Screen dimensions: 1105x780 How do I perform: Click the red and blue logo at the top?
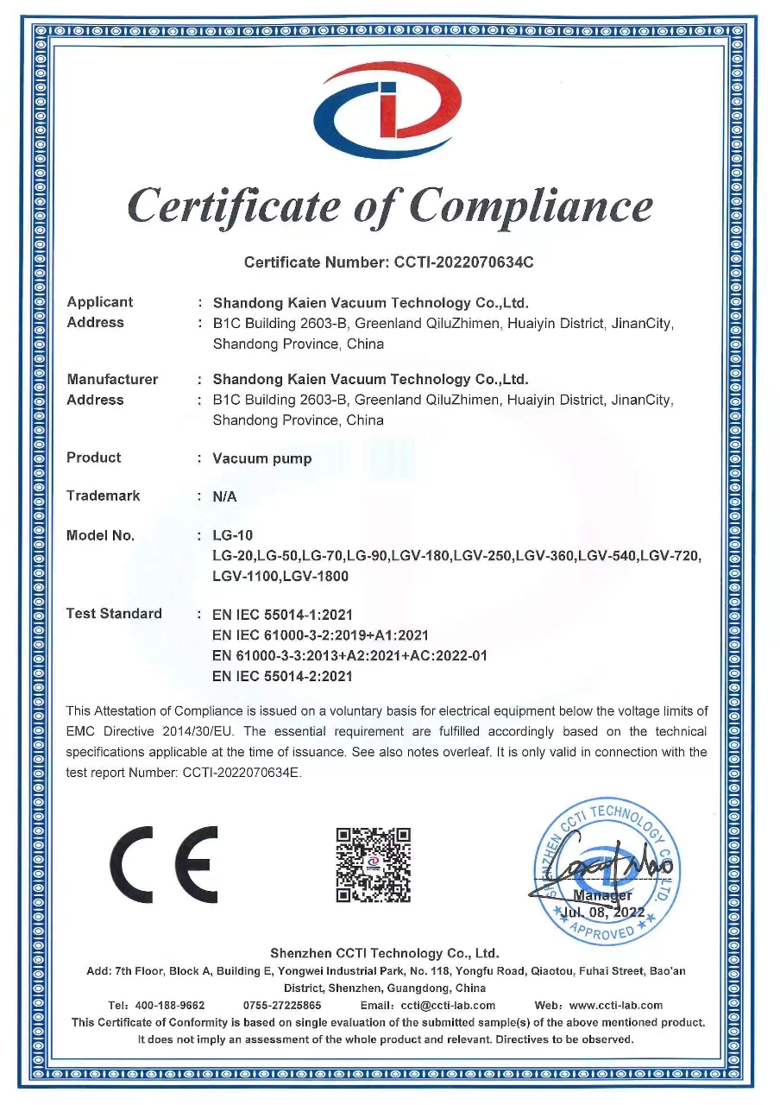387,110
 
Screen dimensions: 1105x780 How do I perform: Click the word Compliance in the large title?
531,205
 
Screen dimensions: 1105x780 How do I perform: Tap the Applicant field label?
100,302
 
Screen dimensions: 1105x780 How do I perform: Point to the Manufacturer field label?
112,380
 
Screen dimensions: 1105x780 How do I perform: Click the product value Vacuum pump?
262,458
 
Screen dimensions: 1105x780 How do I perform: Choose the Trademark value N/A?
224,497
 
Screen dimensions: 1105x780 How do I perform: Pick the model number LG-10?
233,536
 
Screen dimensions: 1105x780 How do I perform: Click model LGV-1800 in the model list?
315,576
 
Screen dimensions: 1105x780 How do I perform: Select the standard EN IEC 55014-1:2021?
283,616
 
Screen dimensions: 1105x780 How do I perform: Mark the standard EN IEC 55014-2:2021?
283,676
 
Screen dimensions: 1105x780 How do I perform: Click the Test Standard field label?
114,614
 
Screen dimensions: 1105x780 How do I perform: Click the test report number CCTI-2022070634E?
242,773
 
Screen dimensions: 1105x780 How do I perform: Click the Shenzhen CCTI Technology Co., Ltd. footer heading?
385,953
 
